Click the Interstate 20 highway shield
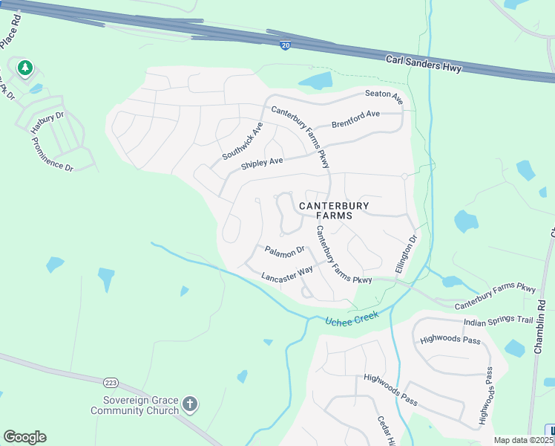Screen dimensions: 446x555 pyautogui.click(x=286, y=46)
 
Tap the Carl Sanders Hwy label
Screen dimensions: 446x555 pyautogui.click(x=424, y=64)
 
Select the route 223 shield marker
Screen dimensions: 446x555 pyautogui.click(x=111, y=382)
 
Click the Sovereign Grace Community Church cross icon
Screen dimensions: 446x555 pyautogui.click(x=190, y=404)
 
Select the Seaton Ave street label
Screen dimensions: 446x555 pyautogui.click(x=384, y=95)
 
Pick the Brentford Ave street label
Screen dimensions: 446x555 pyautogui.click(x=355, y=118)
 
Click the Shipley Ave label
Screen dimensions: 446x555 pyautogui.click(x=262, y=162)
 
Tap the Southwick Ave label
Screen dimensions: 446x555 pyautogui.click(x=243, y=141)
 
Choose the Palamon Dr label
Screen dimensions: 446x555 pyautogui.click(x=285, y=251)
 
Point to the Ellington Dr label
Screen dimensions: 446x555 pyautogui.click(x=407, y=254)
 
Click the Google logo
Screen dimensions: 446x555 pyautogui.click(x=24, y=436)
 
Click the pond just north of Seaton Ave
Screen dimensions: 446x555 pyautogui.click(x=315, y=80)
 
